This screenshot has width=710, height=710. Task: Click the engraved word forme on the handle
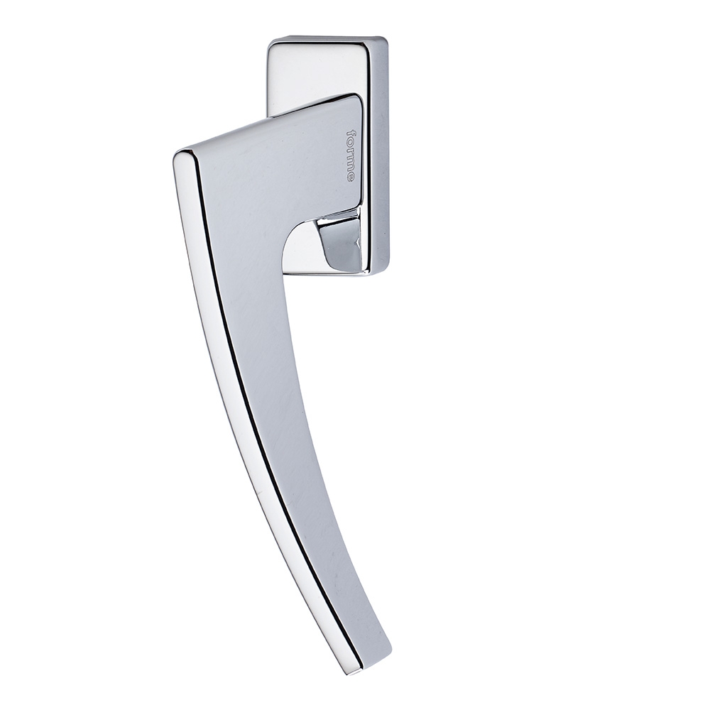tap(350, 155)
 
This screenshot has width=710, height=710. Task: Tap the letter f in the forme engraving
tap(350, 133)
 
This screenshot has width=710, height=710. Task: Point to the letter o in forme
tap(350, 142)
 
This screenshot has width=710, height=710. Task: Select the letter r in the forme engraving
tap(350, 150)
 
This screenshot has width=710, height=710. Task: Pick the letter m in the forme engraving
tap(350, 162)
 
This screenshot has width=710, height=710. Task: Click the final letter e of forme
tap(350, 175)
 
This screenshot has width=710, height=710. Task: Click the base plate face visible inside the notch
tap(302, 256)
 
